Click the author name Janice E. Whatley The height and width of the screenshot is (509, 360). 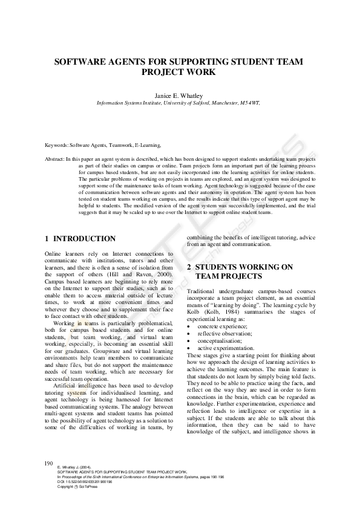coord(180,95)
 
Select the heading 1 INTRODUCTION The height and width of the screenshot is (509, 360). coord(80,239)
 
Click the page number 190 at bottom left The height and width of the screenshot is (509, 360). coord(50,463)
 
